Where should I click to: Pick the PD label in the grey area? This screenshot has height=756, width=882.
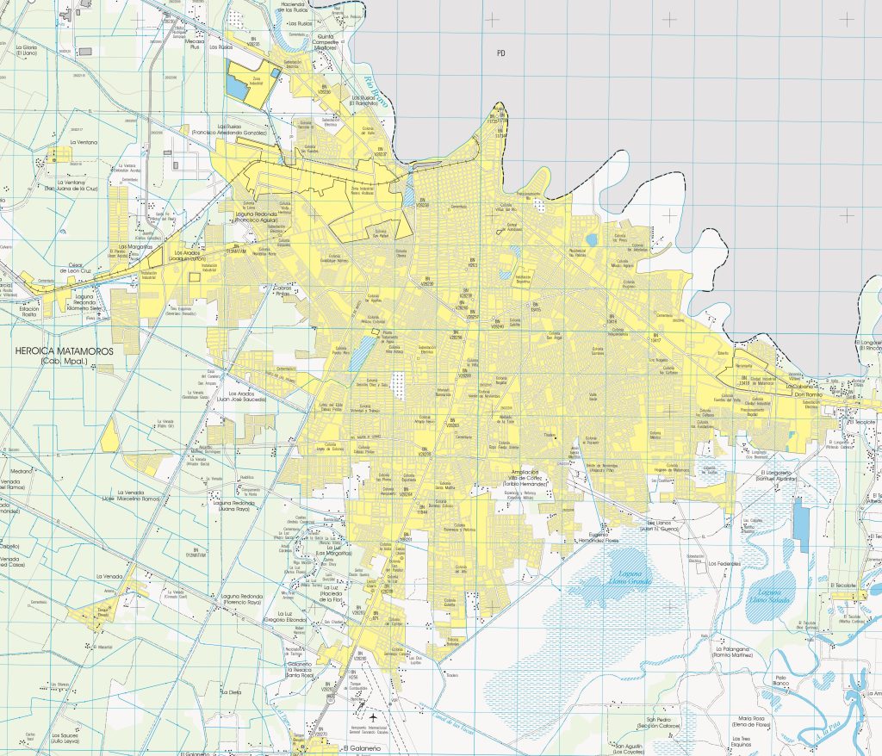click(500, 53)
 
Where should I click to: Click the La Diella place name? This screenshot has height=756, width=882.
click(230, 692)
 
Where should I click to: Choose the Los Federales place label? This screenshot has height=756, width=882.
click(724, 564)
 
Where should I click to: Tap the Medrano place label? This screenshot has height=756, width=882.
click(21, 472)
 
